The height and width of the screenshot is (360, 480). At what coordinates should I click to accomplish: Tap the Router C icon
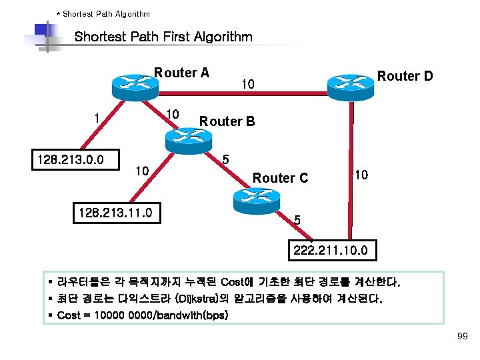pos(254,196)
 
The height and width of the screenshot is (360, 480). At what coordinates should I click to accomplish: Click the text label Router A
pos(182,73)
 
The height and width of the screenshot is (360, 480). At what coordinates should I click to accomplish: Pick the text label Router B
pos(227,121)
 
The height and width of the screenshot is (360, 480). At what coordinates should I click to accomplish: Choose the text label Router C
pos(280,178)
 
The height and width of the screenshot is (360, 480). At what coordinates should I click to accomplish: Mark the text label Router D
pos(405,76)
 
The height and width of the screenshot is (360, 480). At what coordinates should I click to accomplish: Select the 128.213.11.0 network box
pos(116,213)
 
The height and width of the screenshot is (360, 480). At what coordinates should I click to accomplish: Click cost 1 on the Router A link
pos(97,118)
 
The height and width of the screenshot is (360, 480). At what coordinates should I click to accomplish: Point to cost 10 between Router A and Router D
pos(247,85)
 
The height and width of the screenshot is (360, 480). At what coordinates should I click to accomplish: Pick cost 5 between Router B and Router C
pos(226,160)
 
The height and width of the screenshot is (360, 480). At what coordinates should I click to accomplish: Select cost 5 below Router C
pos(297,219)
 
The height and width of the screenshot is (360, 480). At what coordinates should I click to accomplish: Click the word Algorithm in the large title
pos(220,37)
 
